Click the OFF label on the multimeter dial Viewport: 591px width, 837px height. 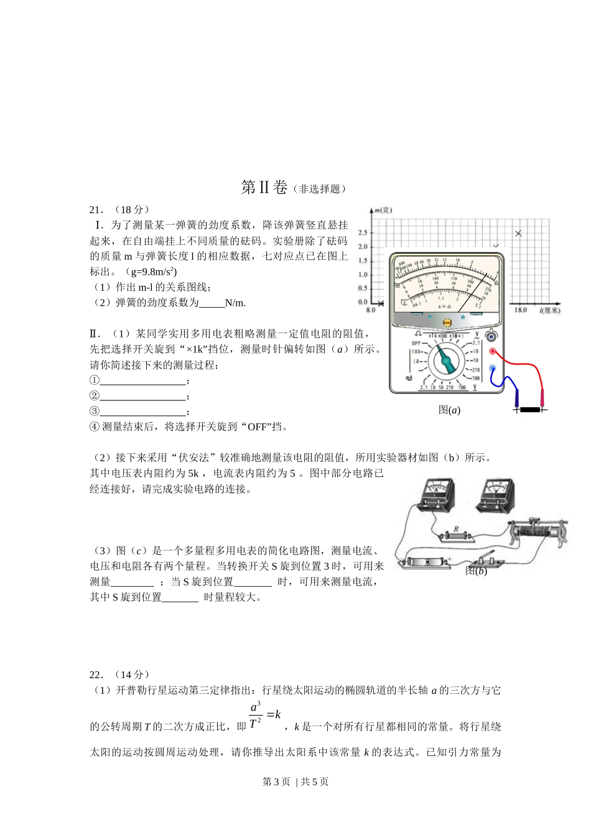pyautogui.click(x=416, y=343)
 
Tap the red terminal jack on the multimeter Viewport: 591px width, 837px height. pyautogui.click(x=492, y=352)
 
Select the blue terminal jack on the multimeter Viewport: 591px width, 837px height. pyautogui.click(x=492, y=369)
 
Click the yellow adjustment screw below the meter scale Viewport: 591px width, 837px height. pyautogui.click(x=447, y=322)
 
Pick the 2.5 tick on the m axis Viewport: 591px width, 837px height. pyautogui.click(x=363, y=233)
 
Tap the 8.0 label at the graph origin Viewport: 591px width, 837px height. pyautogui.click(x=371, y=310)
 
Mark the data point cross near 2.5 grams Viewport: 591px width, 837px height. pyautogui.click(x=519, y=234)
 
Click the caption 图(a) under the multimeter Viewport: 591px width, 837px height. pyautogui.click(x=449, y=410)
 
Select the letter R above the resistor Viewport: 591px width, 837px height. pyautogui.click(x=456, y=529)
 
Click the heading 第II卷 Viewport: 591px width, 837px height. pyautogui.click(x=264, y=187)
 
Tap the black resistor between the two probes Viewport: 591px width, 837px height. pyautogui.click(x=530, y=410)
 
